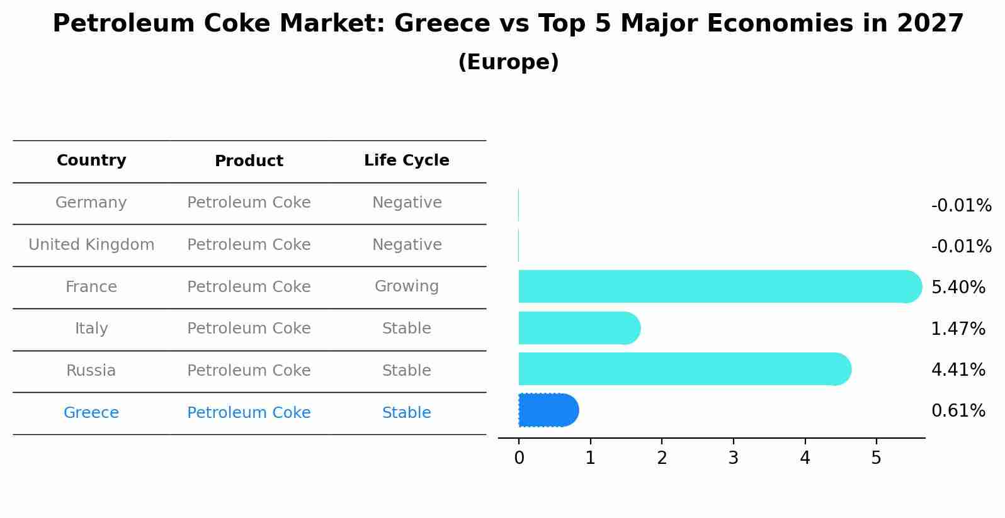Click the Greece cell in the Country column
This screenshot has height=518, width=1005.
91,413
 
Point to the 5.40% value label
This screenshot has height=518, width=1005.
958,288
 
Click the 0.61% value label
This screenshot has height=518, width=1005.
958,411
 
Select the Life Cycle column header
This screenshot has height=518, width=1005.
406,160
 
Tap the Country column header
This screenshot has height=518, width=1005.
91,160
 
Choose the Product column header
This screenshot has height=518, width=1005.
249,161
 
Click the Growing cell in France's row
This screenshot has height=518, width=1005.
406,286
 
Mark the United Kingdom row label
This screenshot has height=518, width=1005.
91,245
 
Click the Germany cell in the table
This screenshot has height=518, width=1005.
91,203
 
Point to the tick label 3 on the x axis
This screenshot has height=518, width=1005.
733,458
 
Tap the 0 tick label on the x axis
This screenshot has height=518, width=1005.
519,458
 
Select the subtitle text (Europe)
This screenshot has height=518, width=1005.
508,62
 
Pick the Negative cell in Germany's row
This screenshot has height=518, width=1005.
406,203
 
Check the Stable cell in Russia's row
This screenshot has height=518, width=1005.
406,371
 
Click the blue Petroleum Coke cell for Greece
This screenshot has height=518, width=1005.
249,413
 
